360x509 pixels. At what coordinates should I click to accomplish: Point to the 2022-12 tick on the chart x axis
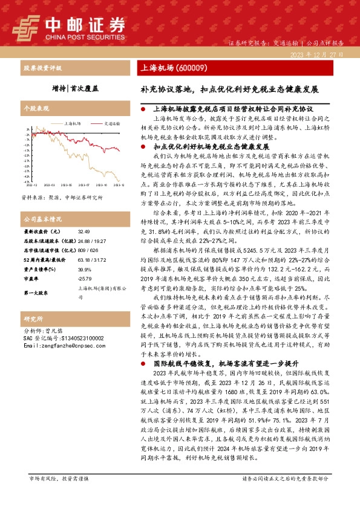coord(31,186)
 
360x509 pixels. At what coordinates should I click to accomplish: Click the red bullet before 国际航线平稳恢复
coord(141,364)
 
